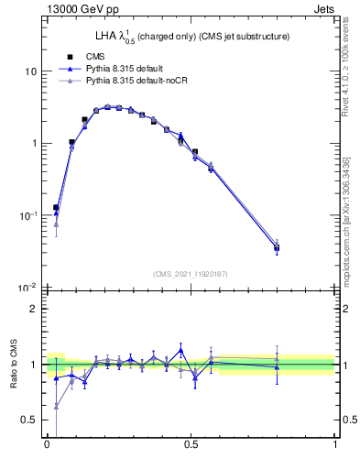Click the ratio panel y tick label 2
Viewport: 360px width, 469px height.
(35, 309)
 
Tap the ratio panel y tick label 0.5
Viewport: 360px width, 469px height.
(30, 420)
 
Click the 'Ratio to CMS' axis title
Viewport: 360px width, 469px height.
(13, 364)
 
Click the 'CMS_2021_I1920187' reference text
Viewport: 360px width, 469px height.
(191, 274)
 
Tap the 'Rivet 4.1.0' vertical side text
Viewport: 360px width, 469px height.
(351, 57)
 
